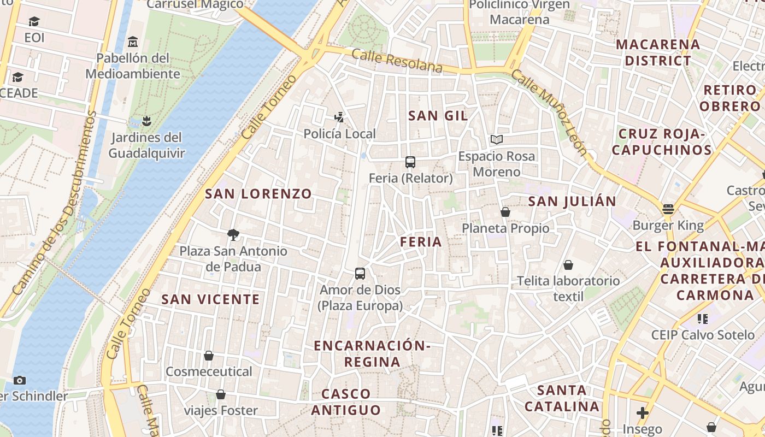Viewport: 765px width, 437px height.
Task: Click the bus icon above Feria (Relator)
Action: [x=410, y=162]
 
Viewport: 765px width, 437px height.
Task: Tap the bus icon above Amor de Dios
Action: [x=360, y=274]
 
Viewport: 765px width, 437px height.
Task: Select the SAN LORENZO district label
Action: [x=258, y=193]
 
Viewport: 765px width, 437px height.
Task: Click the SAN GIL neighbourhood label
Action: [x=438, y=115]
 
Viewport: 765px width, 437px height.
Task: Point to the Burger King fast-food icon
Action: [x=668, y=209]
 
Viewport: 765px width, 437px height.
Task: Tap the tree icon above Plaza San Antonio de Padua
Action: [x=233, y=235]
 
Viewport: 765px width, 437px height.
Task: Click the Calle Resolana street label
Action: [x=397, y=61]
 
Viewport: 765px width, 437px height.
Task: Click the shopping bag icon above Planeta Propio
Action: [x=505, y=212]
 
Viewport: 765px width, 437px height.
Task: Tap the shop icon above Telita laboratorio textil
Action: [x=568, y=265]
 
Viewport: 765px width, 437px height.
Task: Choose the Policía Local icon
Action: [x=339, y=117]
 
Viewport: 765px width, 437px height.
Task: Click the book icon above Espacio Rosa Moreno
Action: [x=496, y=140]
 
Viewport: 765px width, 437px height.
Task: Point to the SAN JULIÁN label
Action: [x=572, y=201]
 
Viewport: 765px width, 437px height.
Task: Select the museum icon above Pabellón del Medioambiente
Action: [x=132, y=42]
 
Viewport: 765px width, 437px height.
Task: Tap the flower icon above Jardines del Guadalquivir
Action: [x=146, y=121]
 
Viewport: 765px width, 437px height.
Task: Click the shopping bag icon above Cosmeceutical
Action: [x=208, y=356]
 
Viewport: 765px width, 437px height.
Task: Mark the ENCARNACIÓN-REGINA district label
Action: [x=373, y=353]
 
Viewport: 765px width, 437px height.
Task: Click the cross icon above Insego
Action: [x=643, y=413]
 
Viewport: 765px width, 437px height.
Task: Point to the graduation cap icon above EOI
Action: [x=34, y=22]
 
